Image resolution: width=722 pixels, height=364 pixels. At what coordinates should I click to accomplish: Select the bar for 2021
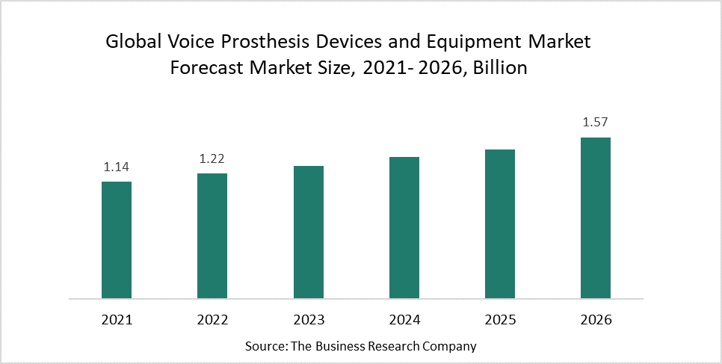click(x=117, y=240)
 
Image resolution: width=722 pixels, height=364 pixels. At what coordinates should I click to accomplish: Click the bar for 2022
click(x=212, y=236)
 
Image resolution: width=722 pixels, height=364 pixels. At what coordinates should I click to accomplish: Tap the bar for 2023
click(x=308, y=232)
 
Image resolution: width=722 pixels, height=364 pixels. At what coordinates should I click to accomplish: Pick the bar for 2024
click(x=404, y=228)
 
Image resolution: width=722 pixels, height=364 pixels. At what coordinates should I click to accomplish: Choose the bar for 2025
click(x=500, y=224)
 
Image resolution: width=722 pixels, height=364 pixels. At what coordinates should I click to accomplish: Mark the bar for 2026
click(x=596, y=218)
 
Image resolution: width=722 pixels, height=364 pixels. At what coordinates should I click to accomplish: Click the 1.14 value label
click(x=117, y=167)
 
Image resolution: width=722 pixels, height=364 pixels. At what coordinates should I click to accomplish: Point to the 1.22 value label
click(x=212, y=158)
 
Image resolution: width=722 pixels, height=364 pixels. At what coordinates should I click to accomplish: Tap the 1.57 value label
click(x=596, y=123)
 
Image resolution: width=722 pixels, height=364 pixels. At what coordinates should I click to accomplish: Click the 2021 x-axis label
click(x=117, y=320)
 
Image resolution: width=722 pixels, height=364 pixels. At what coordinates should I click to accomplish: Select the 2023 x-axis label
click(x=308, y=320)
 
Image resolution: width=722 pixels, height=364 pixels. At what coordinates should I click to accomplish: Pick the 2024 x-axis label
click(x=404, y=320)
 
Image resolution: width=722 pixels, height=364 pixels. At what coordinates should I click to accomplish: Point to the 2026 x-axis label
click(x=596, y=320)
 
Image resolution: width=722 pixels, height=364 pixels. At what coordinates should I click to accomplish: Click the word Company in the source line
click(x=451, y=347)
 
